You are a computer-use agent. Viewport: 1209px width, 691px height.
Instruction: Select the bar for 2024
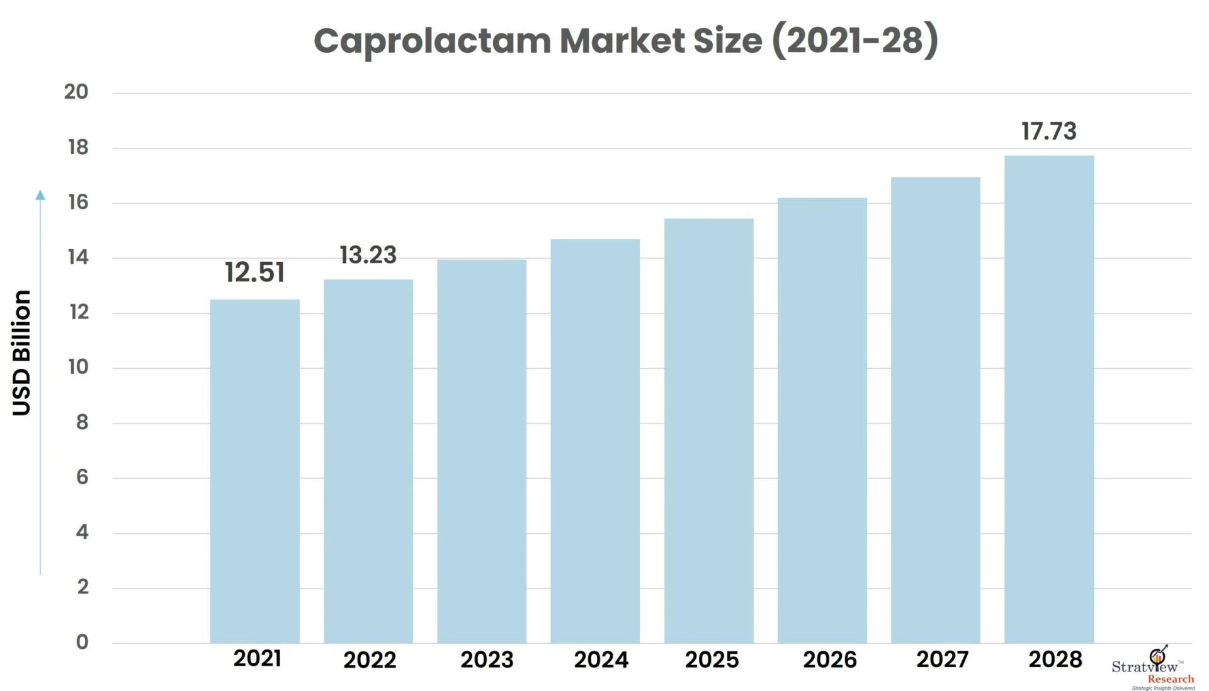(x=595, y=441)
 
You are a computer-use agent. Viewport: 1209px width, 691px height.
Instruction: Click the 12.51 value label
(x=254, y=272)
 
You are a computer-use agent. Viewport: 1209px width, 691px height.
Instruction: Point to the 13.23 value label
(x=368, y=255)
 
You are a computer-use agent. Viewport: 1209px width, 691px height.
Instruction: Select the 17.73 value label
(x=1049, y=131)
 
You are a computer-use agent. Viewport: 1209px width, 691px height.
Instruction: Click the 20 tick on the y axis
(x=76, y=92)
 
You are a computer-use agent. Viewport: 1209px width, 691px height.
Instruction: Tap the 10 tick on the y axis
(x=79, y=367)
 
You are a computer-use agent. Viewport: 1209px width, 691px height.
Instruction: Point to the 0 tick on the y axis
(x=82, y=642)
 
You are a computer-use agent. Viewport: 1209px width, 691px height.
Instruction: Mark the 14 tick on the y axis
(x=79, y=257)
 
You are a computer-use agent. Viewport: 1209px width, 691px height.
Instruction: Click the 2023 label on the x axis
(x=487, y=660)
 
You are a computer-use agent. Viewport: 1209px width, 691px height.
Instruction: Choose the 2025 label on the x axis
(x=712, y=660)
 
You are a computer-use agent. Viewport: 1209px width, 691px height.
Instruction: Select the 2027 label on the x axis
(x=942, y=659)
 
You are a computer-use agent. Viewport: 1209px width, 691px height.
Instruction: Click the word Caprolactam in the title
(x=432, y=42)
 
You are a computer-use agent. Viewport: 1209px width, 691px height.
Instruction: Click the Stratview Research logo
(x=1154, y=670)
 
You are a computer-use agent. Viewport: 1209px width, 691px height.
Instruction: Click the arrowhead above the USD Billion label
(x=40, y=195)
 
